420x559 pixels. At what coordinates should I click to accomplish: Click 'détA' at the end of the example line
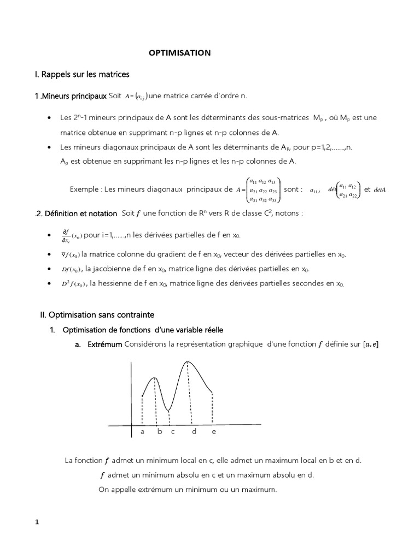coord(380,189)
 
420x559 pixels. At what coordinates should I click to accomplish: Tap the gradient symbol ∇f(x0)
coord(70,254)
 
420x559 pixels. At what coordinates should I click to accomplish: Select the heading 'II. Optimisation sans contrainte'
coord(97,315)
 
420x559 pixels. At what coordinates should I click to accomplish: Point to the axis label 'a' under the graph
coord(142,432)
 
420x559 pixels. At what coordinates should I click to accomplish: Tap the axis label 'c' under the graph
coord(172,432)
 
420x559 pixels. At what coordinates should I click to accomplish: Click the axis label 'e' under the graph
coord(213,432)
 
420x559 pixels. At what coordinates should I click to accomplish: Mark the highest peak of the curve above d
coord(188,361)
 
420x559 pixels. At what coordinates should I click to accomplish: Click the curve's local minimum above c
coord(169,409)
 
